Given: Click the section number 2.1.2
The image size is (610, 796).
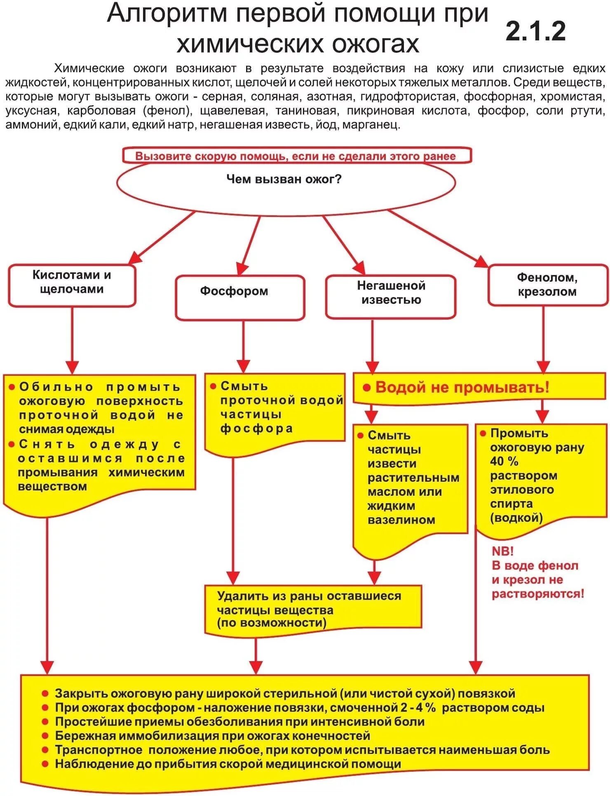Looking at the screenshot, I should tap(535, 31).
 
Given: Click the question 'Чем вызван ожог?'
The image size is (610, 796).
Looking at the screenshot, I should tap(284, 179).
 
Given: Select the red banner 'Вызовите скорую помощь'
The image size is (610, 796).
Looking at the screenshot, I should tap(296, 156).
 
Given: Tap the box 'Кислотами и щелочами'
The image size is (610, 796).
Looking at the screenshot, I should tap(72, 285).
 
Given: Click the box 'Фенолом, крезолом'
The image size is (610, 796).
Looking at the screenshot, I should tap(547, 285).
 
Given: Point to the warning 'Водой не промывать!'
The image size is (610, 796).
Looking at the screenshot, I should tap(462, 387).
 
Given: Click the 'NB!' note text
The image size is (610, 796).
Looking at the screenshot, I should tap(502, 551).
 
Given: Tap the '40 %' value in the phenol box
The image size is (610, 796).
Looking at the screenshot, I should tap(504, 462).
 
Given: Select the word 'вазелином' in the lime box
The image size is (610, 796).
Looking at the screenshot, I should tap(401, 520).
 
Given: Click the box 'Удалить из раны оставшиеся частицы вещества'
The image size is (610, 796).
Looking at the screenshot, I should tap(312, 609).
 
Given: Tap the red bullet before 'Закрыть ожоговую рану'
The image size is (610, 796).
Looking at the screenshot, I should tap(46, 693).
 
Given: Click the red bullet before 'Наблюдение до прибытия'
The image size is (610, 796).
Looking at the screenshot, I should tap(46, 764).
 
